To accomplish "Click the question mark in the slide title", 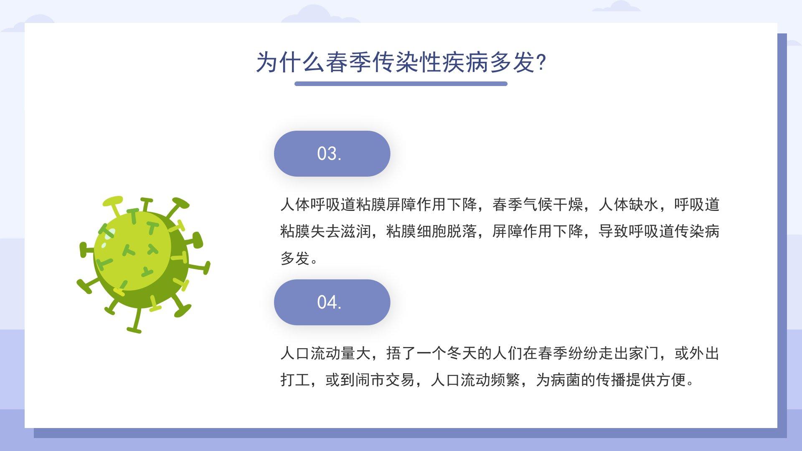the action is coord(541,63).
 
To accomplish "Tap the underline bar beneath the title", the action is coord(401,84).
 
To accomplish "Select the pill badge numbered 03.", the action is coord(332,154).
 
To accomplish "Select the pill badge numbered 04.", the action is coord(332,302).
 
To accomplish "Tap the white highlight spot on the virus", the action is coord(109,234).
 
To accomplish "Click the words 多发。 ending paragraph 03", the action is coord(299,258).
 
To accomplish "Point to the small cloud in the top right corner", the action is coord(617,6).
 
